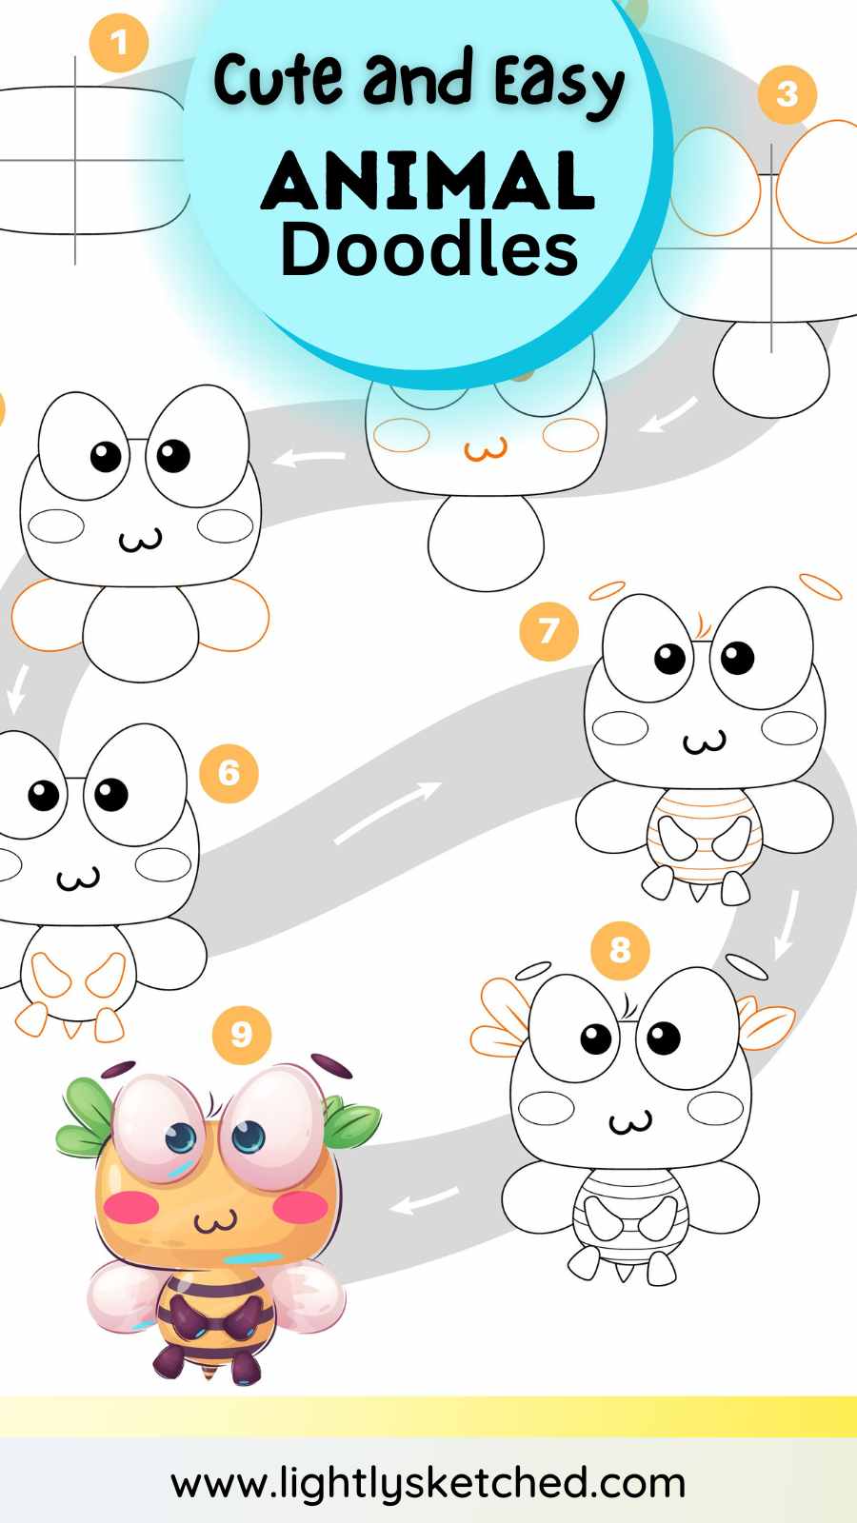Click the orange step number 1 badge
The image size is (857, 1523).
(119, 43)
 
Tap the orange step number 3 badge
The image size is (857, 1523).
(787, 94)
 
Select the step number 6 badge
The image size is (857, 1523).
(229, 773)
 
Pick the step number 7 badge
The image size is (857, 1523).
(548, 631)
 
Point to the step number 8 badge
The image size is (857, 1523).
(620, 950)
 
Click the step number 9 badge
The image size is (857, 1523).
(242, 1035)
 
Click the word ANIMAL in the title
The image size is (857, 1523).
(428, 180)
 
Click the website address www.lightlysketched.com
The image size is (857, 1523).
(428, 1483)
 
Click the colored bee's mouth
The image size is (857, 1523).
(215, 1222)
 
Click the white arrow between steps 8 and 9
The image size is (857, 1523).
(424, 1201)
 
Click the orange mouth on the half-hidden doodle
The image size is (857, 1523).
(486, 449)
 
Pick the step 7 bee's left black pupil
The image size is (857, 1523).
(670, 658)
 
